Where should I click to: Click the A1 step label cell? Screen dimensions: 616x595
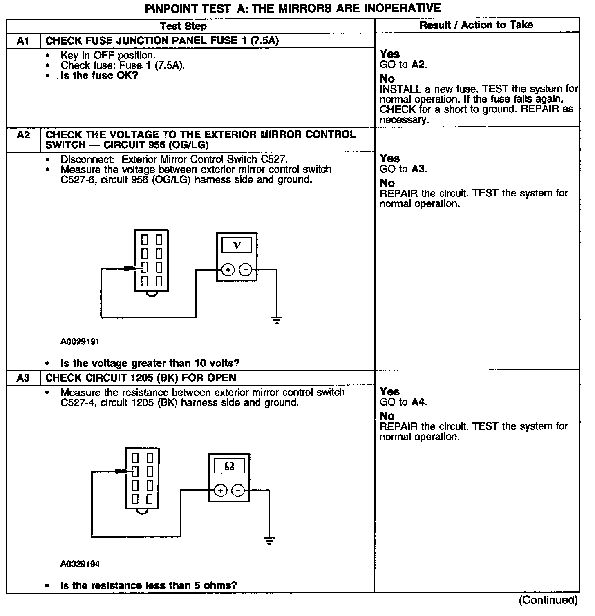click(23, 41)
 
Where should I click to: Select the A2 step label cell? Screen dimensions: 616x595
click(23, 135)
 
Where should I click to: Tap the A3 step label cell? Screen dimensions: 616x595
click(23, 378)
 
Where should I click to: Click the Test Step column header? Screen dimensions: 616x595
click(183, 26)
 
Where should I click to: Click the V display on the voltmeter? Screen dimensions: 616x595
click(237, 245)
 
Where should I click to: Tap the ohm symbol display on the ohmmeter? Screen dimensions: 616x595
click(229, 466)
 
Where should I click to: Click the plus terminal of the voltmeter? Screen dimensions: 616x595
click(228, 270)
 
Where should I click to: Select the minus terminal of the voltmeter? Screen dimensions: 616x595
click(245, 270)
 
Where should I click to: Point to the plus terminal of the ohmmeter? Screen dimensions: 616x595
click(220, 490)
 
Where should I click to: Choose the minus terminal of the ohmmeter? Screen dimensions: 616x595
click(238, 490)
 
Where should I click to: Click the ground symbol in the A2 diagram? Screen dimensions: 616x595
click(277, 319)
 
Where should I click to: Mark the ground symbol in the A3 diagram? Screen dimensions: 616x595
click(269, 540)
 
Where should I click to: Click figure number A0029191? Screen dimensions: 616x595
click(80, 341)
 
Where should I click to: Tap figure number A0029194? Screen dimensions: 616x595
click(80, 564)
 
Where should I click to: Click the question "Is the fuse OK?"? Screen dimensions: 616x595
click(99, 76)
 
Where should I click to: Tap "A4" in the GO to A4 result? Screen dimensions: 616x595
click(418, 402)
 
